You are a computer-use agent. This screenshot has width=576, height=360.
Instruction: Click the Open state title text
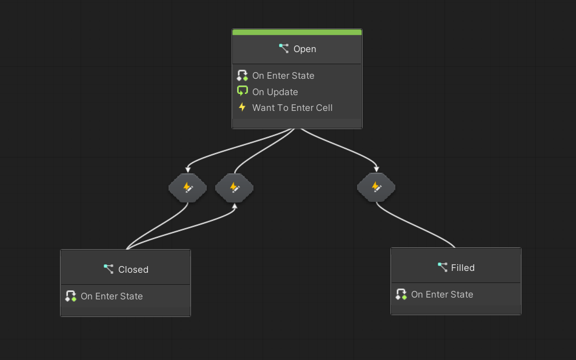304,49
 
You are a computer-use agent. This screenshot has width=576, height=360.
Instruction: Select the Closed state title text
133,270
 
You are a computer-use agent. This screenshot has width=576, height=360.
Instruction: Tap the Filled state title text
463,268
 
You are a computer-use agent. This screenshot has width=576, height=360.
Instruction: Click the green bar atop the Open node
297,32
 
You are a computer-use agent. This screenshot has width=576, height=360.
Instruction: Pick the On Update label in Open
275,92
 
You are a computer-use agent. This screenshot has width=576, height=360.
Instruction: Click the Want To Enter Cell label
292,108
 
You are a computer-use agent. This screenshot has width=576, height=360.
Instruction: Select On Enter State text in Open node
283,76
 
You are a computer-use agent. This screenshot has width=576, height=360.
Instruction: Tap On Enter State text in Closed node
112,296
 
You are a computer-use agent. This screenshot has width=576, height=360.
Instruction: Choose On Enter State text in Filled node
442,295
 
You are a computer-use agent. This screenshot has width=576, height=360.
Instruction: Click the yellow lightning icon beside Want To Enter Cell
243,107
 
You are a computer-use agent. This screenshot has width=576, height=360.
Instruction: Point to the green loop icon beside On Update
243,92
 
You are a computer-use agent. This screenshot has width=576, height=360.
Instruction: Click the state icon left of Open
284,48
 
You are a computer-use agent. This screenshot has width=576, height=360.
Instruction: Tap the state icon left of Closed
109,269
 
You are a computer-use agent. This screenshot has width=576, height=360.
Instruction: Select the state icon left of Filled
443,267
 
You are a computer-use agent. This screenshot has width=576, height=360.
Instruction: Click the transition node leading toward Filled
376,187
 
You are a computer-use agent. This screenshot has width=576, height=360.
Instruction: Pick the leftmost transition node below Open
187,188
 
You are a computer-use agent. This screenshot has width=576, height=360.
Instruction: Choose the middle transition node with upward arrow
234,188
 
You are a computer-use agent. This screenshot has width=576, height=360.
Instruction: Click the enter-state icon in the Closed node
71,296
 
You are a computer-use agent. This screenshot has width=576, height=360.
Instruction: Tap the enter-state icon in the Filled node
401,295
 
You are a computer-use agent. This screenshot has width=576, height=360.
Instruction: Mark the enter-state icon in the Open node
243,76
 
